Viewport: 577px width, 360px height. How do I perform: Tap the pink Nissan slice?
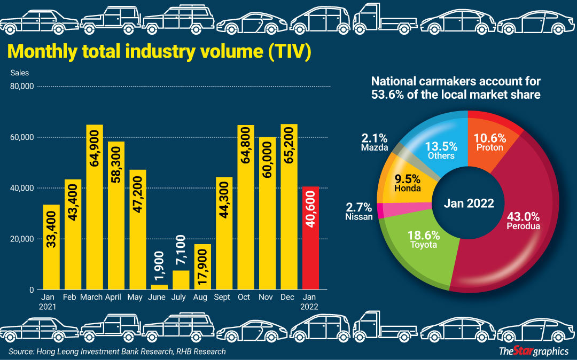click(x=380, y=211)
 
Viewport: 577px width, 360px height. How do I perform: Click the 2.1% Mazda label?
click(x=374, y=142)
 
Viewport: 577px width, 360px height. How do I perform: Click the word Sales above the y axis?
click(x=20, y=73)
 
